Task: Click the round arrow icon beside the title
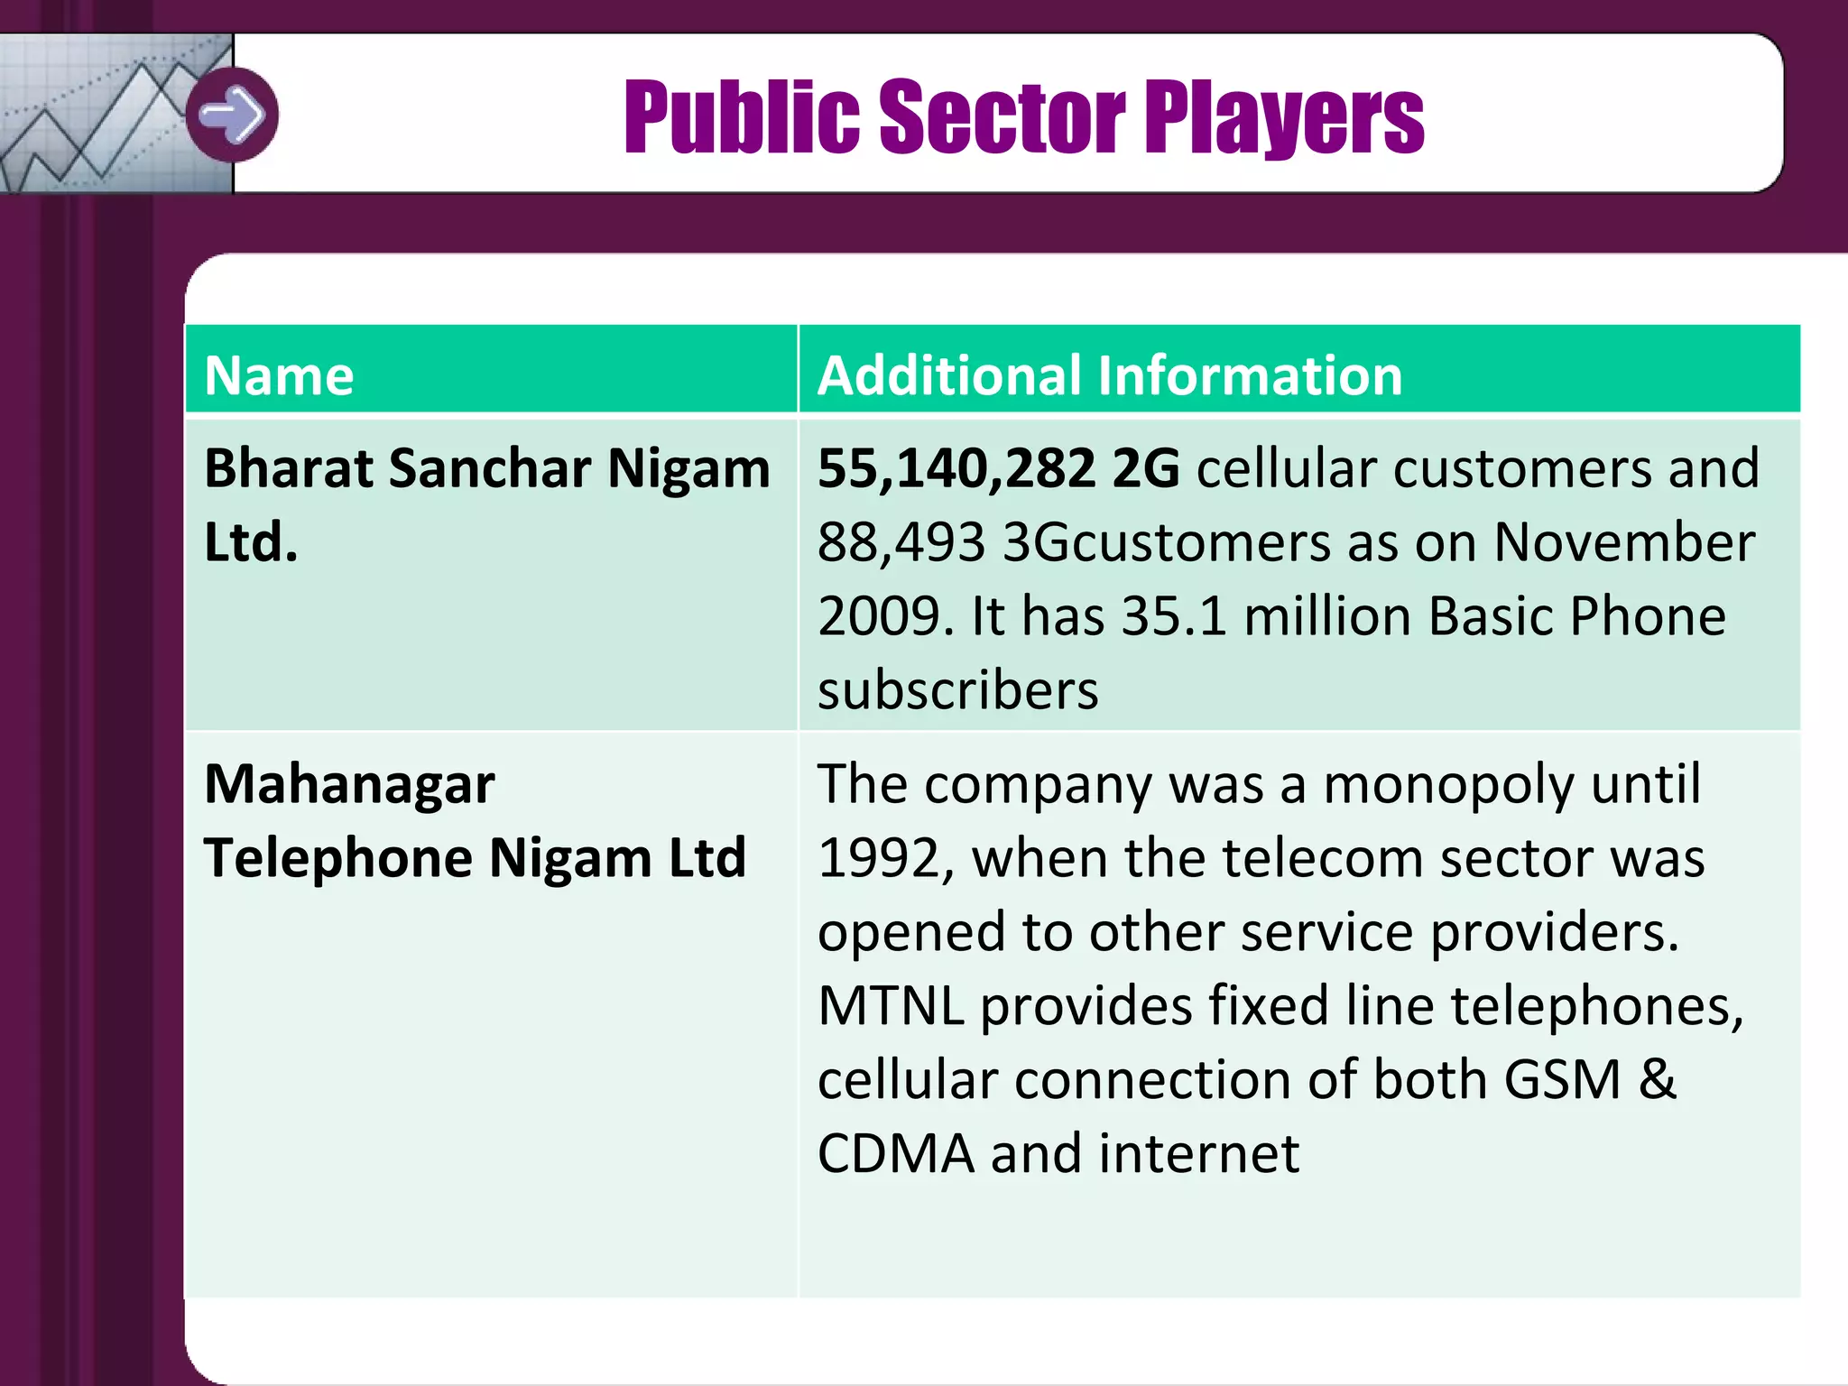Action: [x=232, y=115]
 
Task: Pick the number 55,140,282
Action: [x=956, y=470]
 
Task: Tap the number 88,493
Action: [x=901, y=543]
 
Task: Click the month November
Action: [x=1624, y=543]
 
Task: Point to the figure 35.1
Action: [x=1174, y=617]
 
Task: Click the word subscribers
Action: [x=957, y=691]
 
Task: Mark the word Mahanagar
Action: [x=349, y=784]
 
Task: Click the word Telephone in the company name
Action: [x=337, y=858]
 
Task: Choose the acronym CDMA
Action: [x=895, y=1154]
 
